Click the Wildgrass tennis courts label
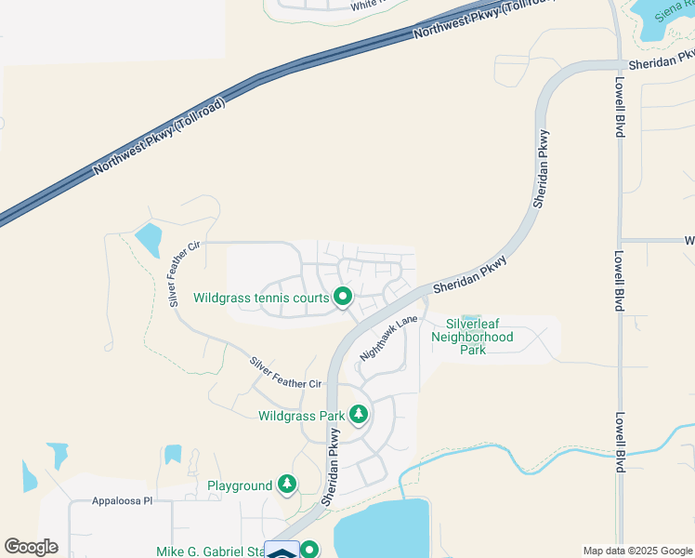point(261,299)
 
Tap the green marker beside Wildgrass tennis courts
point(343,298)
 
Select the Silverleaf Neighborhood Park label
point(472,337)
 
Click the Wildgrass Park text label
point(295,415)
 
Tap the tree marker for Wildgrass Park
point(358,415)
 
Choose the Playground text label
point(239,485)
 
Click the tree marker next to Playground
point(287,485)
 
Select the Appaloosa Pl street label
point(121,501)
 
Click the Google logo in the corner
point(31,547)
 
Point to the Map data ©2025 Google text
point(636,551)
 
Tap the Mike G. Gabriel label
point(214,551)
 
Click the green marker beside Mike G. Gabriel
point(310,551)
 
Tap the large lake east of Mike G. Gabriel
point(381,530)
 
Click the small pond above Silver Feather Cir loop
point(149,241)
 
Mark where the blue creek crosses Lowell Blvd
point(618,456)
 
